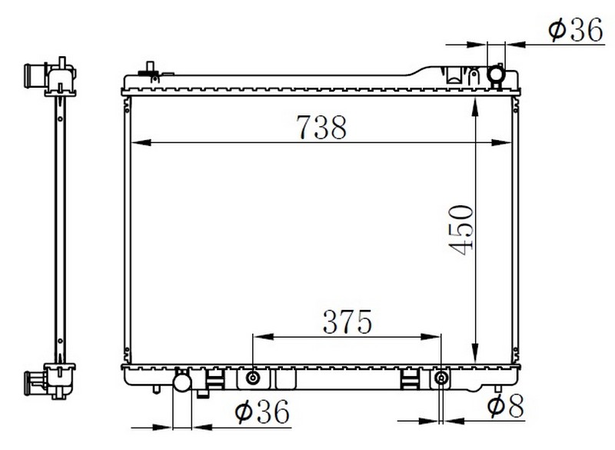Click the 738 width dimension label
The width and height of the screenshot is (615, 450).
click(x=321, y=127)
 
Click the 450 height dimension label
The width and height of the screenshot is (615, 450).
click(x=460, y=230)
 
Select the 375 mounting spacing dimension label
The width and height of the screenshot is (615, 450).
click(x=347, y=322)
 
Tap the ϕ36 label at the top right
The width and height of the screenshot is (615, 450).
click(x=575, y=29)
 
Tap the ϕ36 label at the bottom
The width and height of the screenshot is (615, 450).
click(x=262, y=412)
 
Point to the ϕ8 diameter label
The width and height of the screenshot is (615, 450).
click(x=505, y=405)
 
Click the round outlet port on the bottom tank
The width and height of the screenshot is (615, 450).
click(x=182, y=382)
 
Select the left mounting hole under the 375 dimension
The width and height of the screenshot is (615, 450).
click(x=253, y=378)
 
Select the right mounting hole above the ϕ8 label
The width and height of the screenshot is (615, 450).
click(x=441, y=378)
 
